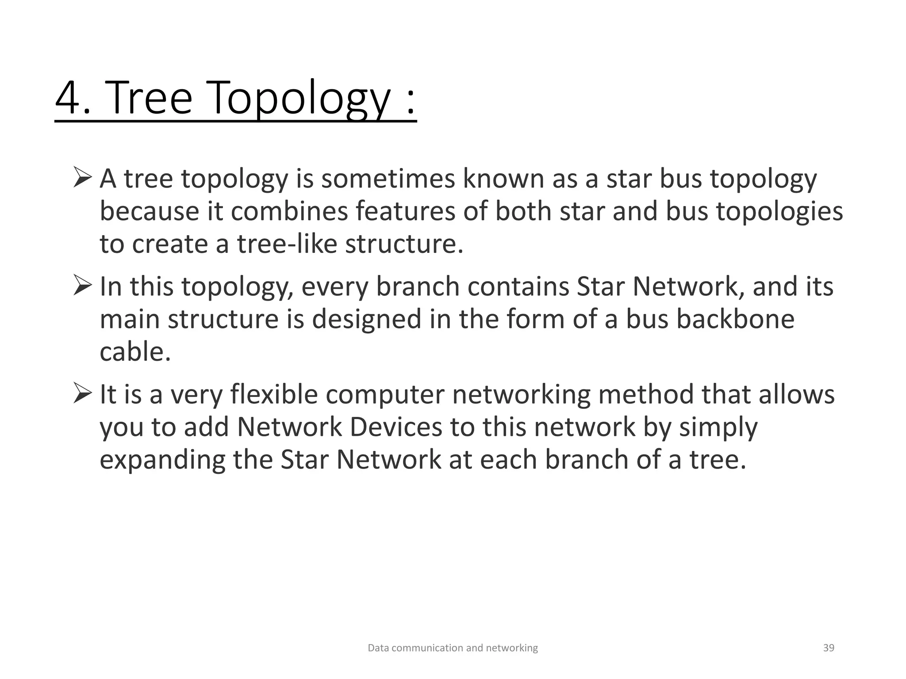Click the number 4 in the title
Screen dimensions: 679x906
click(69, 98)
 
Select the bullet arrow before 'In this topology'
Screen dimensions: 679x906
click(82, 286)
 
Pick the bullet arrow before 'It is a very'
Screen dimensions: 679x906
click(82, 393)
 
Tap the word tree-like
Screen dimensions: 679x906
click(287, 244)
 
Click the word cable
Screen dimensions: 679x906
click(134, 352)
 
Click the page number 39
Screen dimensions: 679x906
click(828, 648)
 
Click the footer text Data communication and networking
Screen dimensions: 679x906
click(453, 648)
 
